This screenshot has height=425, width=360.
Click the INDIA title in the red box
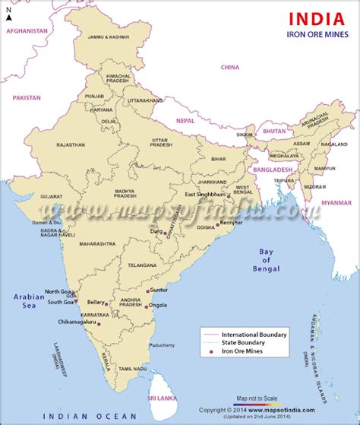point(309,19)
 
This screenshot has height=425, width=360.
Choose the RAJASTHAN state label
point(70,144)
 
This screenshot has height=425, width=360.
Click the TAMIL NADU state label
point(134,368)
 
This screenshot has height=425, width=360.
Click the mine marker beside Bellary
point(108,303)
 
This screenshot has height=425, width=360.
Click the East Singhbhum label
point(205,195)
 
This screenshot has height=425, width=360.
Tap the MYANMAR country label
point(334,204)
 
